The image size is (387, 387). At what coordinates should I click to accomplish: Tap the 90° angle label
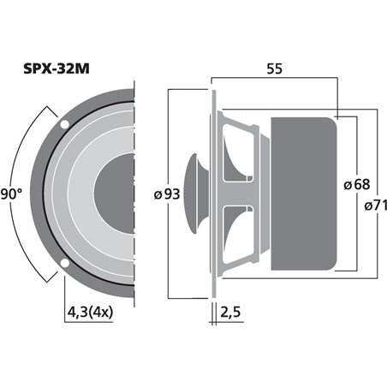[x=11, y=194]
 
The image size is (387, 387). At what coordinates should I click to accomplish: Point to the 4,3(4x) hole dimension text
[x=90, y=313]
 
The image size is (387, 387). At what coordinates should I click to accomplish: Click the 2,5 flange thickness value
[x=230, y=313]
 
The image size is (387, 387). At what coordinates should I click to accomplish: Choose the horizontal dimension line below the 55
[x=274, y=86]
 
